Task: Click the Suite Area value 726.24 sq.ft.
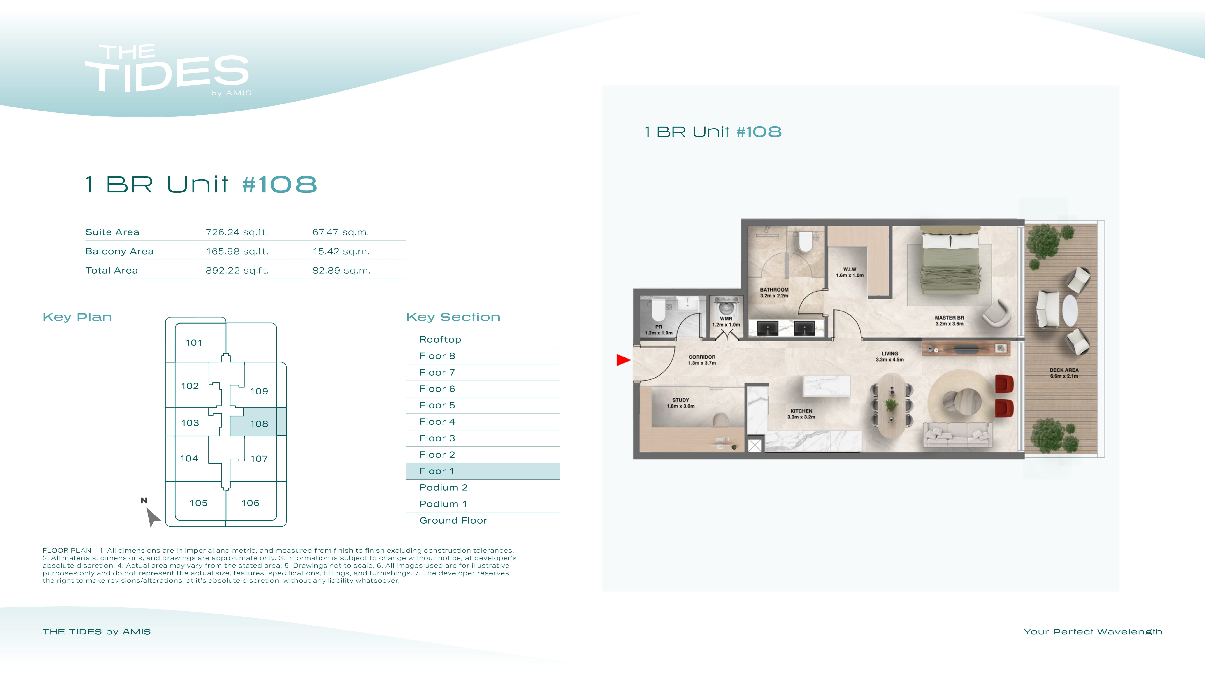237,232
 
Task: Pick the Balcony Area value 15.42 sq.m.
341,251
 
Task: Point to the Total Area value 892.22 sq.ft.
237,270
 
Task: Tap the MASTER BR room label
949,320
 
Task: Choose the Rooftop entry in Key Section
440,339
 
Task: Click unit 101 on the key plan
194,343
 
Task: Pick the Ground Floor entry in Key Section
453,520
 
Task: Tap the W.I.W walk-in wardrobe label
850,272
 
